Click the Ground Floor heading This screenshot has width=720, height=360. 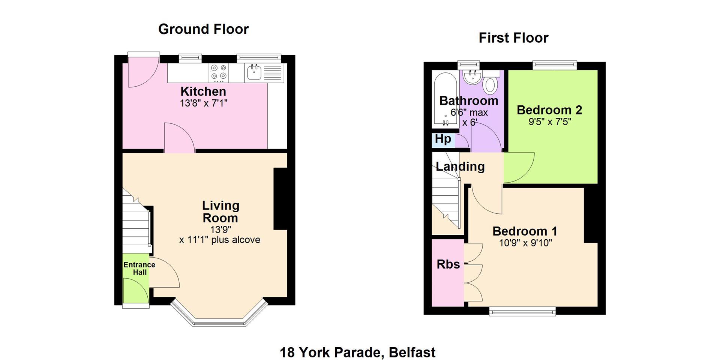(x=203, y=29)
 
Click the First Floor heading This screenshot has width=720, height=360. (x=513, y=38)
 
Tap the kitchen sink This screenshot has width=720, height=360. (x=254, y=72)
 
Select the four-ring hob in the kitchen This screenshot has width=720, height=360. (x=219, y=73)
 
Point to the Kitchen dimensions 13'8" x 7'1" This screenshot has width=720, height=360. (x=204, y=103)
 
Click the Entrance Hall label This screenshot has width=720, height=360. (x=139, y=268)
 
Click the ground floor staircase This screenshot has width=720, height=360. (x=137, y=221)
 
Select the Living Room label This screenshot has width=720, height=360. (x=220, y=211)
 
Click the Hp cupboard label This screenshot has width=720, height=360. (x=443, y=139)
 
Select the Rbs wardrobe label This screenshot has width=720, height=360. (x=448, y=264)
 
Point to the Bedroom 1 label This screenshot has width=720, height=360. (x=525, y=231)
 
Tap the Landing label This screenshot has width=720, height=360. (x=460, y=166)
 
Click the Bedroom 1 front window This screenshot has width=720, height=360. (x=522, y=311)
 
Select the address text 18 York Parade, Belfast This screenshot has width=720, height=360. (x=358, y=352)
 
